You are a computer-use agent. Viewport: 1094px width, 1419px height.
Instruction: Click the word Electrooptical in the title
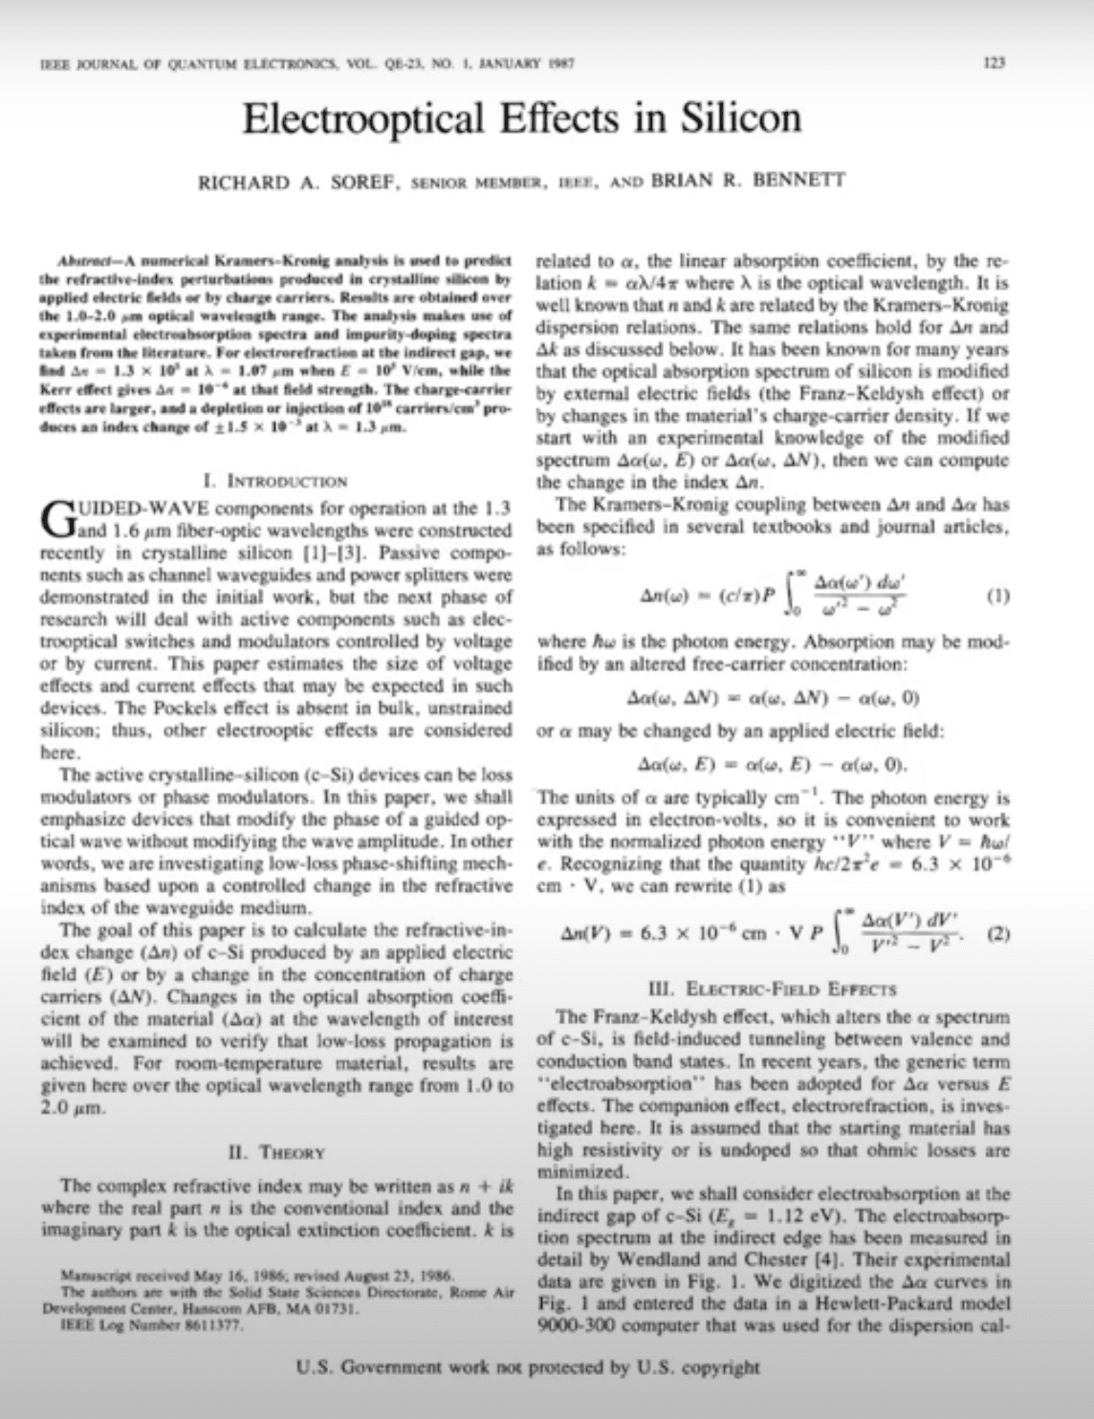tap(361, 118)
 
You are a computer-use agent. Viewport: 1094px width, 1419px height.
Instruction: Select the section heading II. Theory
tap(278, 1152)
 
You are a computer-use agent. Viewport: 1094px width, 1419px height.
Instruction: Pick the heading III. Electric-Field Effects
tap(773, 990)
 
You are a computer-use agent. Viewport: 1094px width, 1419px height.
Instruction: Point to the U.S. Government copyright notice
tap(529, 1366)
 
